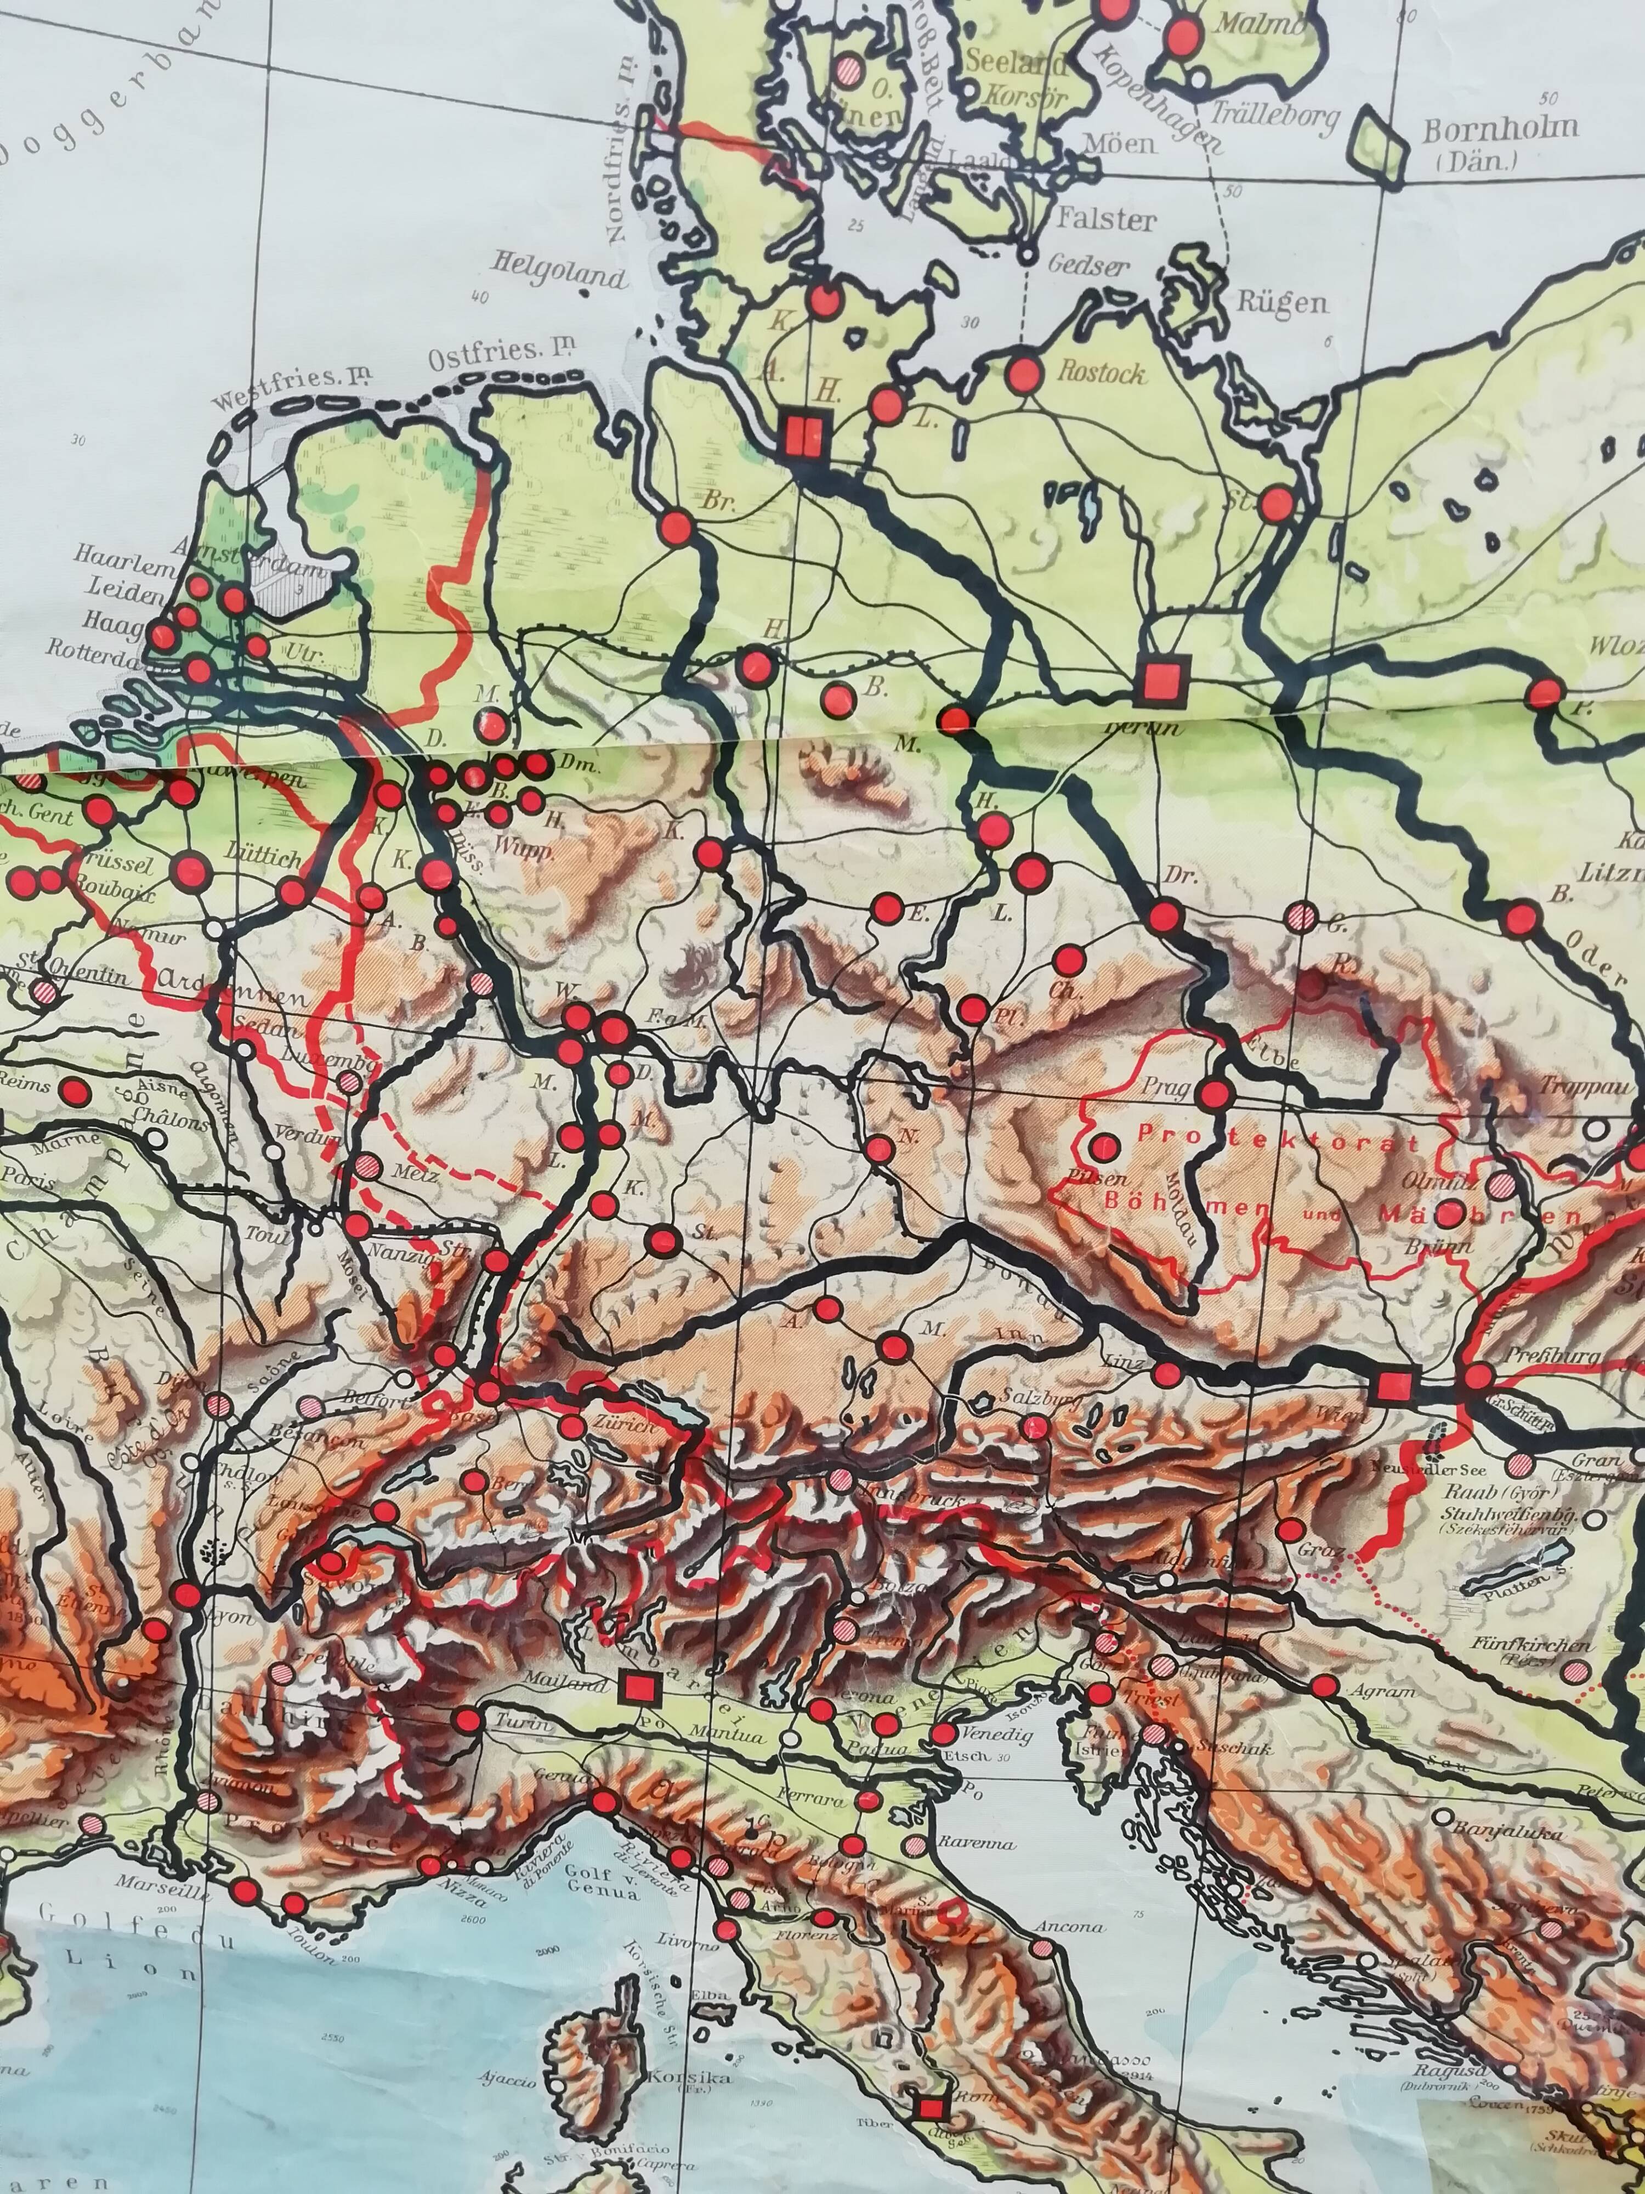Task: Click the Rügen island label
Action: coord(1281,303)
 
